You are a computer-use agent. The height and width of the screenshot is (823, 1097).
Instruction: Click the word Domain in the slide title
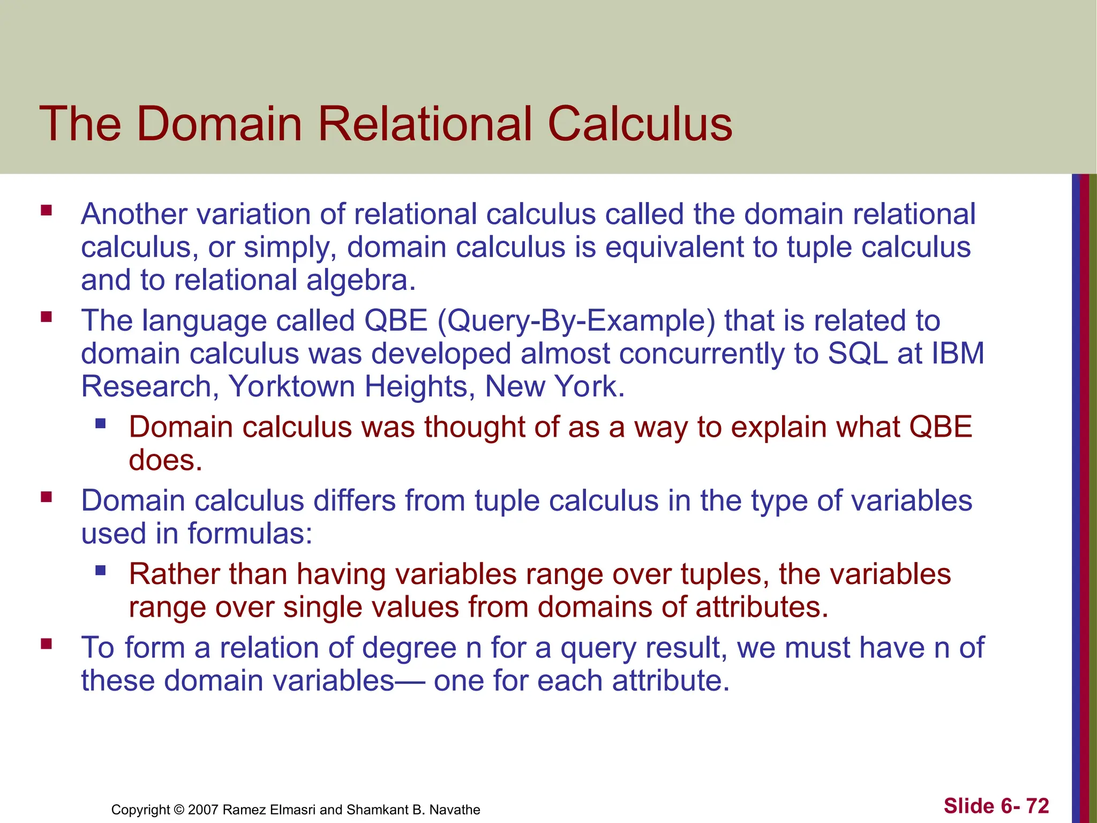point(220,124)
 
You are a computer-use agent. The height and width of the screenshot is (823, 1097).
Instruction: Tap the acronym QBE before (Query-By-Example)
point(396,320)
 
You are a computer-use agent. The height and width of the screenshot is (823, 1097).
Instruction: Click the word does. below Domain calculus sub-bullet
point(166,460)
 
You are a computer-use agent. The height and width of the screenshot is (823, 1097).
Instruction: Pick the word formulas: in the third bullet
point(250,534)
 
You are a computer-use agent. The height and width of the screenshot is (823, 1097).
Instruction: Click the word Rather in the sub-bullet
point(175,574)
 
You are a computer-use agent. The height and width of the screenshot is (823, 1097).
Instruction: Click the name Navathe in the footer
point(455,810)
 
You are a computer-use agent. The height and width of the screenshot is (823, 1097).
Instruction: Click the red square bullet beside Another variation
point(47,210)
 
